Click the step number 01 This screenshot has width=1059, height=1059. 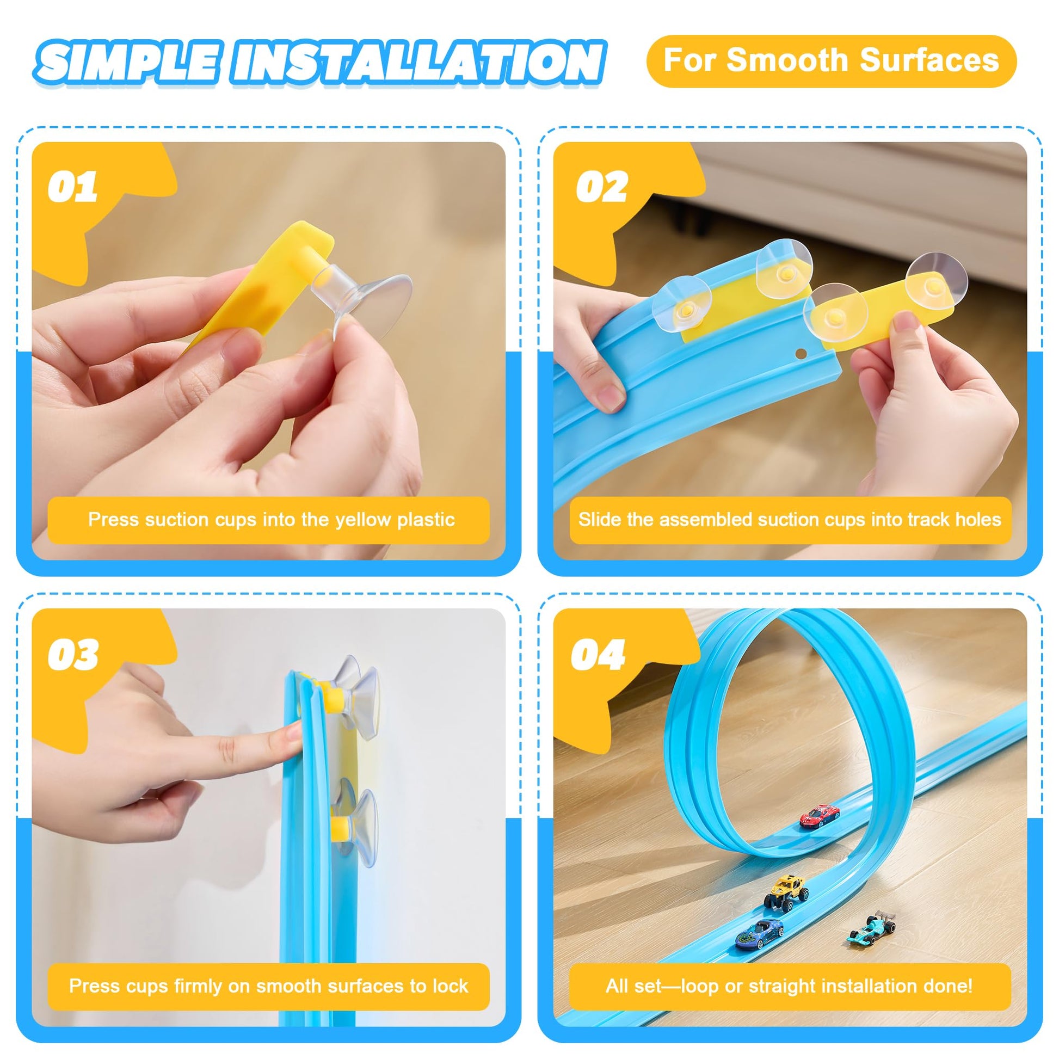72,187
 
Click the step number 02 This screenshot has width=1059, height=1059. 601,187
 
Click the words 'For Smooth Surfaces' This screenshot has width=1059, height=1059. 831,60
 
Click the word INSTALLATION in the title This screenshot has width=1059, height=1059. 418,62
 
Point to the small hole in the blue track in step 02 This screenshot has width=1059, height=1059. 801,354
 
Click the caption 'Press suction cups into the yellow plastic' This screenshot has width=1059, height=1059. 272,520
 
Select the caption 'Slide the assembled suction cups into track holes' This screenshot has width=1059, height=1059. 789,520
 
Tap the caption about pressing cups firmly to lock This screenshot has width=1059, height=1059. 269,986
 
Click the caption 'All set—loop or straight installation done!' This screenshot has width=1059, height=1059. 789,986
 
